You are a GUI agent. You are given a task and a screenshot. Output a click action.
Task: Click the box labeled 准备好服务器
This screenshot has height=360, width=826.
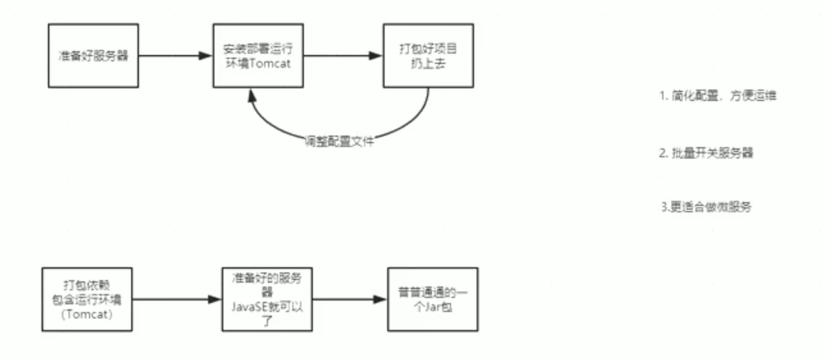(93, 56)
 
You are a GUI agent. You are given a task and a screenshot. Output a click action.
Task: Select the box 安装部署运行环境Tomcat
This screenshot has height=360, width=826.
(258, 56)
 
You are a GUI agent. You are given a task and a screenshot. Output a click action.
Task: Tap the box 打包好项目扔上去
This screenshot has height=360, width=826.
(428, 56)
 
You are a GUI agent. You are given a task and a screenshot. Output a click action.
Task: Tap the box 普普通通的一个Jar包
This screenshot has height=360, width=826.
(433, 299)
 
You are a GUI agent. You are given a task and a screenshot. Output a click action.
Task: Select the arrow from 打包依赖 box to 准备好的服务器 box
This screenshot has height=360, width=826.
(173, 299)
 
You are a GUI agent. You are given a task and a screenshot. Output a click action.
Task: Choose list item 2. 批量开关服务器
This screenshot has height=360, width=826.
(710, 154)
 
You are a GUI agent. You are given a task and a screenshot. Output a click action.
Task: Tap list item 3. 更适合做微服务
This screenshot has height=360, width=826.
(705, 208)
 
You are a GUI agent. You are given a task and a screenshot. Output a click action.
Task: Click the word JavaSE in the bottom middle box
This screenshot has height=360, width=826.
(248, 306)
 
